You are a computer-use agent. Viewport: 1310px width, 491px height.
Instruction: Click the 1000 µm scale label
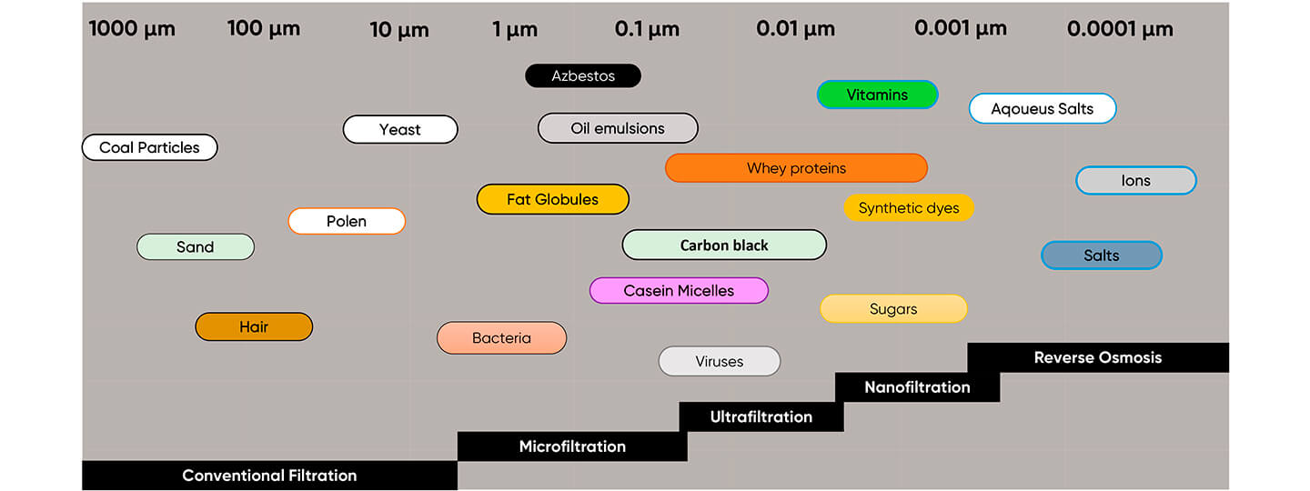[132, 29]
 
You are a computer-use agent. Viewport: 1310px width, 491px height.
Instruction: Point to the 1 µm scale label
[515, 29]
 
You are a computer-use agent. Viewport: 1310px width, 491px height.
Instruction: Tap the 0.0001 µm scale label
[1120, 29]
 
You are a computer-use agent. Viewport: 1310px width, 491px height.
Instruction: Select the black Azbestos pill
[583, 76]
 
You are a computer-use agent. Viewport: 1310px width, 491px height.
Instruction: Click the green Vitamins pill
[877, 95]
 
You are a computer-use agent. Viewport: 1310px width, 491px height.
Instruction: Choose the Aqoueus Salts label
[1043, 109]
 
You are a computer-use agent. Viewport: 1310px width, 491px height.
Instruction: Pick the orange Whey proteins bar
[796, 168]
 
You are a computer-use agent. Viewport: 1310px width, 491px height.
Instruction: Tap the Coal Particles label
[149, 147]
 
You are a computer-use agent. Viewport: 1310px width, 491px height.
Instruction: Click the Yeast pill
[400, 129]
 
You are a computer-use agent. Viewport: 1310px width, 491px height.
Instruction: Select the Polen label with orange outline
[347, 221]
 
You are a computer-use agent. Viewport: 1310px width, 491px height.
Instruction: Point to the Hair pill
[254, 326]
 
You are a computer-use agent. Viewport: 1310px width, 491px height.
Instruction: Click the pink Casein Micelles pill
[679, 291]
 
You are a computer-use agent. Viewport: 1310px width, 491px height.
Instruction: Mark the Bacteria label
[501, 338]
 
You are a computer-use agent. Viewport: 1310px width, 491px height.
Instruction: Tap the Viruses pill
[720, 361]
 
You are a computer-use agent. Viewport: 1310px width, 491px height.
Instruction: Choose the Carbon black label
[724, 245]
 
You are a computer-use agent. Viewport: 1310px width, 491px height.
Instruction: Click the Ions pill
[1135, 181]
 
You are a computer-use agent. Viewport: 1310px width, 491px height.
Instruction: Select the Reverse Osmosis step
[1098, 357]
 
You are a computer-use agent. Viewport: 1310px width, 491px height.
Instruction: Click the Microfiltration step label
[572, 446]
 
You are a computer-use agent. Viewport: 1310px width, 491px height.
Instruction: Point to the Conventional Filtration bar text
[269, 476]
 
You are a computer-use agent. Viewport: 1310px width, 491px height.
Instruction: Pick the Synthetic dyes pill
[909, 208]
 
